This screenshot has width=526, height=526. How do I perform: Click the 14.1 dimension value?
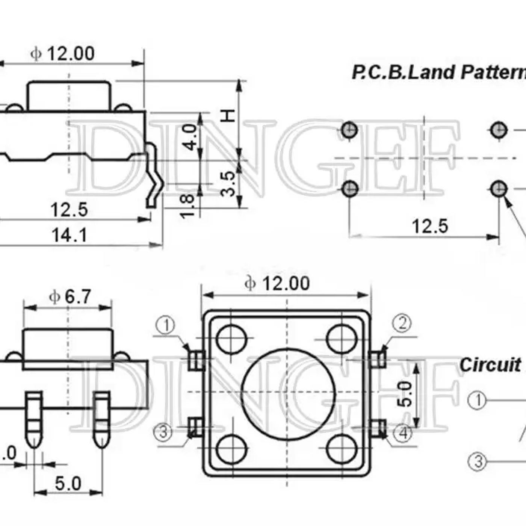pos(69,236)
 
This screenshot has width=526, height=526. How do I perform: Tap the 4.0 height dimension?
pos(191,137)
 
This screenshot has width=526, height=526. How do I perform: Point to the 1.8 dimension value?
pos(187,206)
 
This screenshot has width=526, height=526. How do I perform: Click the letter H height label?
pos(228,115)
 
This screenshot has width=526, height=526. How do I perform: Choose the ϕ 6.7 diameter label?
pos(70,297)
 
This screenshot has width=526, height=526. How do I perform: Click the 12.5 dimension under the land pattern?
pos(430,226)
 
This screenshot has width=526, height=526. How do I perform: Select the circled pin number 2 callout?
pos(402,323)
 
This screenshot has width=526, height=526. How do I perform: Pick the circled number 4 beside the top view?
pos(402,434)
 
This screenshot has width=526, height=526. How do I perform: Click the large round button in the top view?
pos(288,393)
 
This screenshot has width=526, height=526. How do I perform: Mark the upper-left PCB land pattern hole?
pos(349,130)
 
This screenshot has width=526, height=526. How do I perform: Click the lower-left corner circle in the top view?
pos(232,449)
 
